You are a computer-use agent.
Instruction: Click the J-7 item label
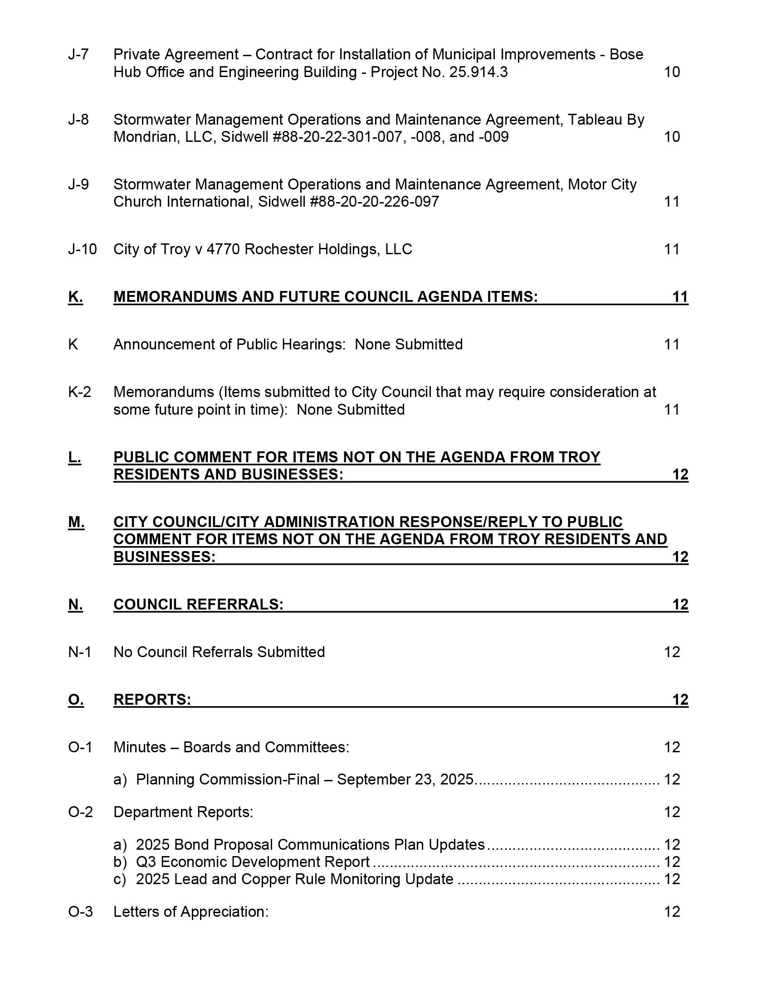click(78, 55)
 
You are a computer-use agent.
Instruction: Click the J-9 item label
click(78, 184)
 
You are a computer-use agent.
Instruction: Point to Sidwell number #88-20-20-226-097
click(374, 202)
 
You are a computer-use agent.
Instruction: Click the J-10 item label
click(82, 249)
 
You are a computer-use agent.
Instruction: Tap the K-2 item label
click(79, 392)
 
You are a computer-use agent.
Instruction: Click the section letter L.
click(74, 457)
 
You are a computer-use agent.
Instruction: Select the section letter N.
click(75, 605)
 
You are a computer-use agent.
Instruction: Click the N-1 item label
click(79, 652)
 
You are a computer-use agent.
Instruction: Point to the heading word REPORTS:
click(152, 699)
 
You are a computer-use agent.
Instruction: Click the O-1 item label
click(80, 747)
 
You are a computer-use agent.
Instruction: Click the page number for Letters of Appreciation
click(672, 912)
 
